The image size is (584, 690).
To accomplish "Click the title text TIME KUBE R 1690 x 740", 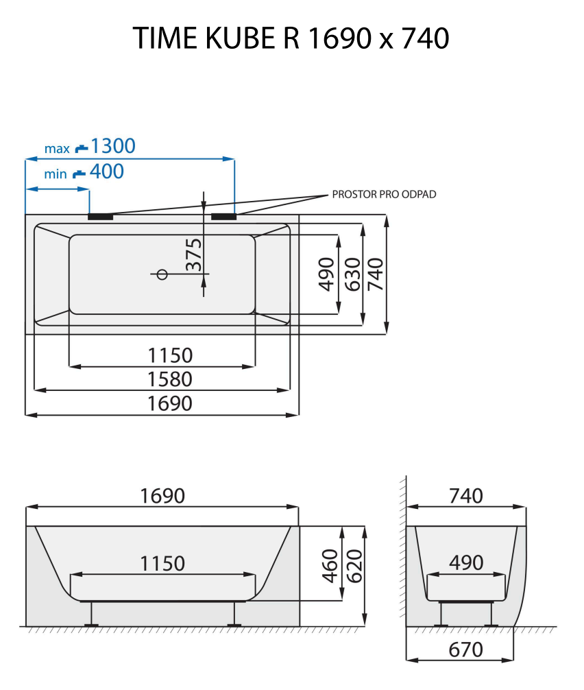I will click(x=291, y=39).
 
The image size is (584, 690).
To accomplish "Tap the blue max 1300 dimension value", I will click(x=113, y=146).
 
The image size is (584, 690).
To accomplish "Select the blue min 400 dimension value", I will click(x=107, y=171).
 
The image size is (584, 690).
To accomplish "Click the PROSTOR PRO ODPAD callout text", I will click(x=384, y=195).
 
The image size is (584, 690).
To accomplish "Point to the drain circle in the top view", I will click(x=162, y=274).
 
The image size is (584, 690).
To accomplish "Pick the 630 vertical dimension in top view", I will click(x=352, y=274).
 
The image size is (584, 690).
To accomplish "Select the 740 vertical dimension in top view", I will click(x=376, y=274).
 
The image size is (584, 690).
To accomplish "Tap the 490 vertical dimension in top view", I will click(x=327, y=274).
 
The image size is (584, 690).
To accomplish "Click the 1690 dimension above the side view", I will click(x=162, y=495).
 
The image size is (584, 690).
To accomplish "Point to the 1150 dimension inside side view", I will click(x=162, y=563).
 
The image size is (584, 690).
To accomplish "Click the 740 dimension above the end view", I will click(x=466, y=495).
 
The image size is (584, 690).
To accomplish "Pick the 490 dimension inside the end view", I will click(x=466, y=562).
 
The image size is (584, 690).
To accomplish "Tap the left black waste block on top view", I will click(x=101, y=217).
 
